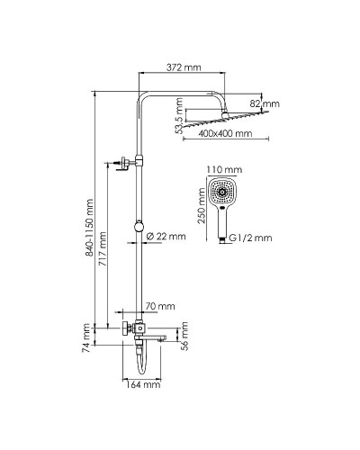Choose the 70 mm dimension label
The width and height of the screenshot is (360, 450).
click(x=156, y=306)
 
